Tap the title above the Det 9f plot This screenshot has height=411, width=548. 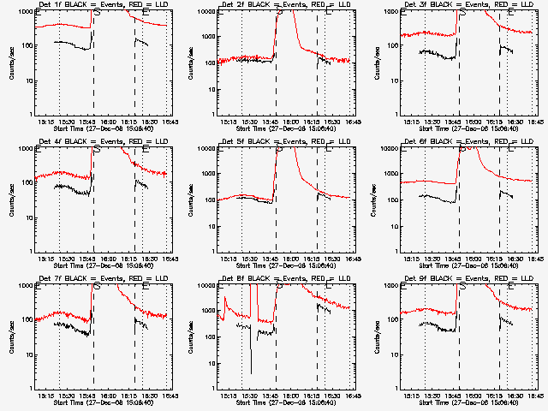pos(466,278)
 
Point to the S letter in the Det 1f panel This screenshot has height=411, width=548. pos(96,14)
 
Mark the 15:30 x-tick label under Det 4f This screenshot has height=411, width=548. pos(67,259)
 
